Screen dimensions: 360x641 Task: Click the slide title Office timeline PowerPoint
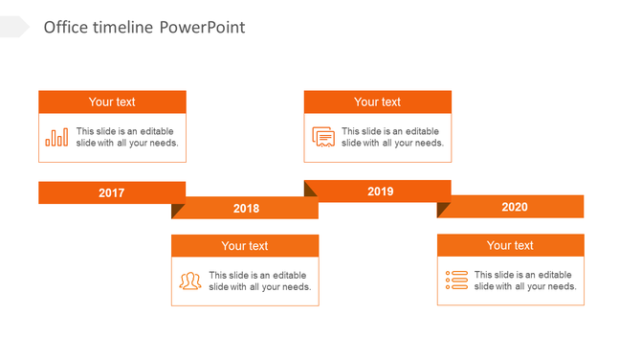(x=144, y=28)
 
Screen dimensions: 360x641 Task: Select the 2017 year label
(x=112, y=193)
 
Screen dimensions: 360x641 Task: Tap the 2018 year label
(x=246, y=209)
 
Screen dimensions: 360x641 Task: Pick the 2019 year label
(x=381, y=191)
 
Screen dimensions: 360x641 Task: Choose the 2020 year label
(x=514, y=207)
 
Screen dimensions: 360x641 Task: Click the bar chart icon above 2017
(x=56, y=137)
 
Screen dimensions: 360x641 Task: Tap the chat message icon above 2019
(x=323, y=137)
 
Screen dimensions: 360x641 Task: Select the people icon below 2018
(x=190, y=281)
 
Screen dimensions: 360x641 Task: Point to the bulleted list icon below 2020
(x=456, y=280)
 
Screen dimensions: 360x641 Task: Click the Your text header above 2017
(x=112, y=102)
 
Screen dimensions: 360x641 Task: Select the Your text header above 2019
(x=378, y=102)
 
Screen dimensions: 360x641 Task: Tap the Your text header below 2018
(x=245, y=246)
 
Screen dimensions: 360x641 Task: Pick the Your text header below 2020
(x=510, y=246)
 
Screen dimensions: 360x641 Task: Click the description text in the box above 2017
(x=126, y=137)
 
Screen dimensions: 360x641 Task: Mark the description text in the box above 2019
(x=392, y=137)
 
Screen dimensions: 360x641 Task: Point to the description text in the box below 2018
(x=259, y=281)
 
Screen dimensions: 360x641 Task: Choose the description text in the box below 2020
(x=525, y=281)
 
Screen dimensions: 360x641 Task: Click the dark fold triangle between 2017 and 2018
(x=177, y=210)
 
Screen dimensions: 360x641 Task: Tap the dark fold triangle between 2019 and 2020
(x=443, y=209)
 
